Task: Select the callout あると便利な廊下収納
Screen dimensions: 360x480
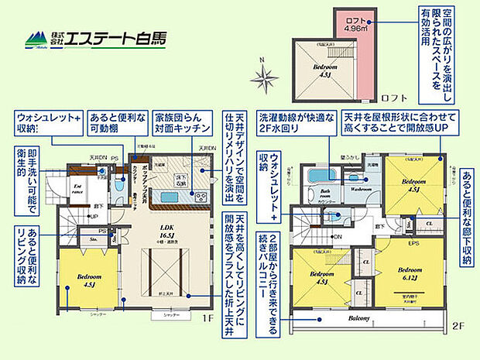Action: pyautogui.click(x=468, y=217)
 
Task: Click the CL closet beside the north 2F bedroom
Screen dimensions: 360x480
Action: pyautogui.click(x=428, y=222)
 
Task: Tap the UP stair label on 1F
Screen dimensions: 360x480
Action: pyautogui.click(x=94, y=215)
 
